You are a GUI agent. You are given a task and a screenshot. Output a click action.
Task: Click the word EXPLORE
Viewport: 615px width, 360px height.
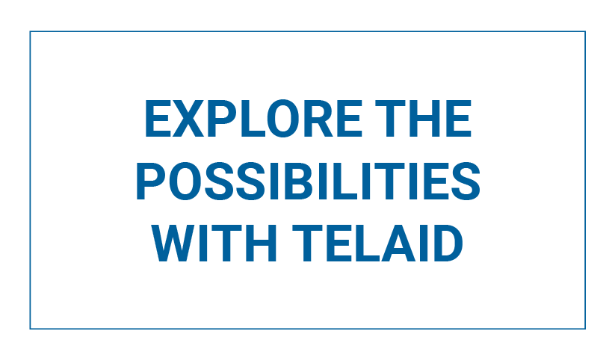253,119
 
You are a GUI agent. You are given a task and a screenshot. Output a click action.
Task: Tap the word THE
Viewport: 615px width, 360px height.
423,119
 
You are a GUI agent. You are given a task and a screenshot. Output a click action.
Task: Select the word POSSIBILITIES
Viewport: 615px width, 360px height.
308,181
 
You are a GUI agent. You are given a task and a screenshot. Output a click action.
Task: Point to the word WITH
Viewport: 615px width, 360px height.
214,243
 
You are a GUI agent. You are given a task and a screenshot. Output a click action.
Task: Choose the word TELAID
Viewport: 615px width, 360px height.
377,243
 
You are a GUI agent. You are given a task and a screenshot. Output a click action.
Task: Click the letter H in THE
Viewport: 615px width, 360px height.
424,119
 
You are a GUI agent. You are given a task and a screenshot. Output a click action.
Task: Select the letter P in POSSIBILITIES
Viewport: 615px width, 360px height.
151,181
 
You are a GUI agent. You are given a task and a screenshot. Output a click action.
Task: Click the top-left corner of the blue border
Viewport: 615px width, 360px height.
30,31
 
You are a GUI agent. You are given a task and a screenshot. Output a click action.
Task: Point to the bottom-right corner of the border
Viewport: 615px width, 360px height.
585,329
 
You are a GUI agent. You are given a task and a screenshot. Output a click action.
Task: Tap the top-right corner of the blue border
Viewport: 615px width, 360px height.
585,31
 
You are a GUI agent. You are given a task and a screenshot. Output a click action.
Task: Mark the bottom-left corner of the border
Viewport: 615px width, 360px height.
30,329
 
